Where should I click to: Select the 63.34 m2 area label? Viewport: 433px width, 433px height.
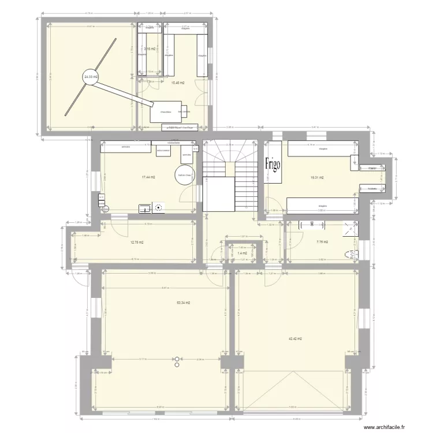(184, 303)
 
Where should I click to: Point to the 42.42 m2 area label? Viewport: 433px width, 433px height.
(295, 339)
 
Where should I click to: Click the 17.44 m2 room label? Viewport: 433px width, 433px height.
(148, 177)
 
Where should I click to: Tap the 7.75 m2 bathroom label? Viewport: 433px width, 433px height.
(322, 242)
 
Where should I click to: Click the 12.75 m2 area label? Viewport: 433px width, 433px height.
(136, 242)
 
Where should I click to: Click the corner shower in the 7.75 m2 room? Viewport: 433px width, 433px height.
(350, 230)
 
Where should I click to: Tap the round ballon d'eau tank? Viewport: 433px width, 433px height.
(185, 176)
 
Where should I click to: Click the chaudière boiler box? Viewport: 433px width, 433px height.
(163, 113)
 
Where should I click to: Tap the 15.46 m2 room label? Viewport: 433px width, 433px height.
(177, 83)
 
